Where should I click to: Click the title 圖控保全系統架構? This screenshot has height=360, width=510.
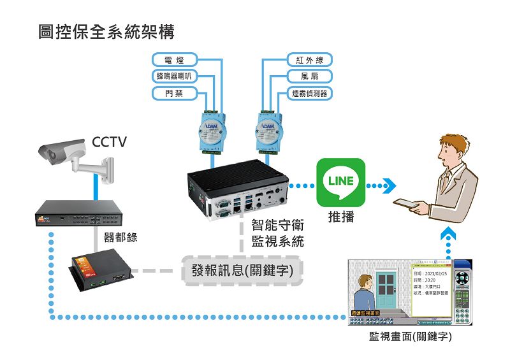click(106, 31)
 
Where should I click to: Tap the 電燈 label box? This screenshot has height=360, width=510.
click(174, 61)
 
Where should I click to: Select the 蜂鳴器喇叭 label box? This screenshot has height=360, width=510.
click(174, 77)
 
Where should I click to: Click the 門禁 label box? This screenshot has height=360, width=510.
click(174, 94)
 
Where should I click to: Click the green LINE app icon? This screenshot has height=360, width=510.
click(341, 182)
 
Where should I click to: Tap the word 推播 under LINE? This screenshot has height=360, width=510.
click(341, 217)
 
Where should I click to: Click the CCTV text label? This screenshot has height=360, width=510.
click(110, 141)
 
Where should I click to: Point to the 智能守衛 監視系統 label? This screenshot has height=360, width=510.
click(277, 233)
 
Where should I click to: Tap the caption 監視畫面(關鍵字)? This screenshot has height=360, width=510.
click(411, 336)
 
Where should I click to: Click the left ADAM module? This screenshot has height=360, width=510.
click(211, 131)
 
